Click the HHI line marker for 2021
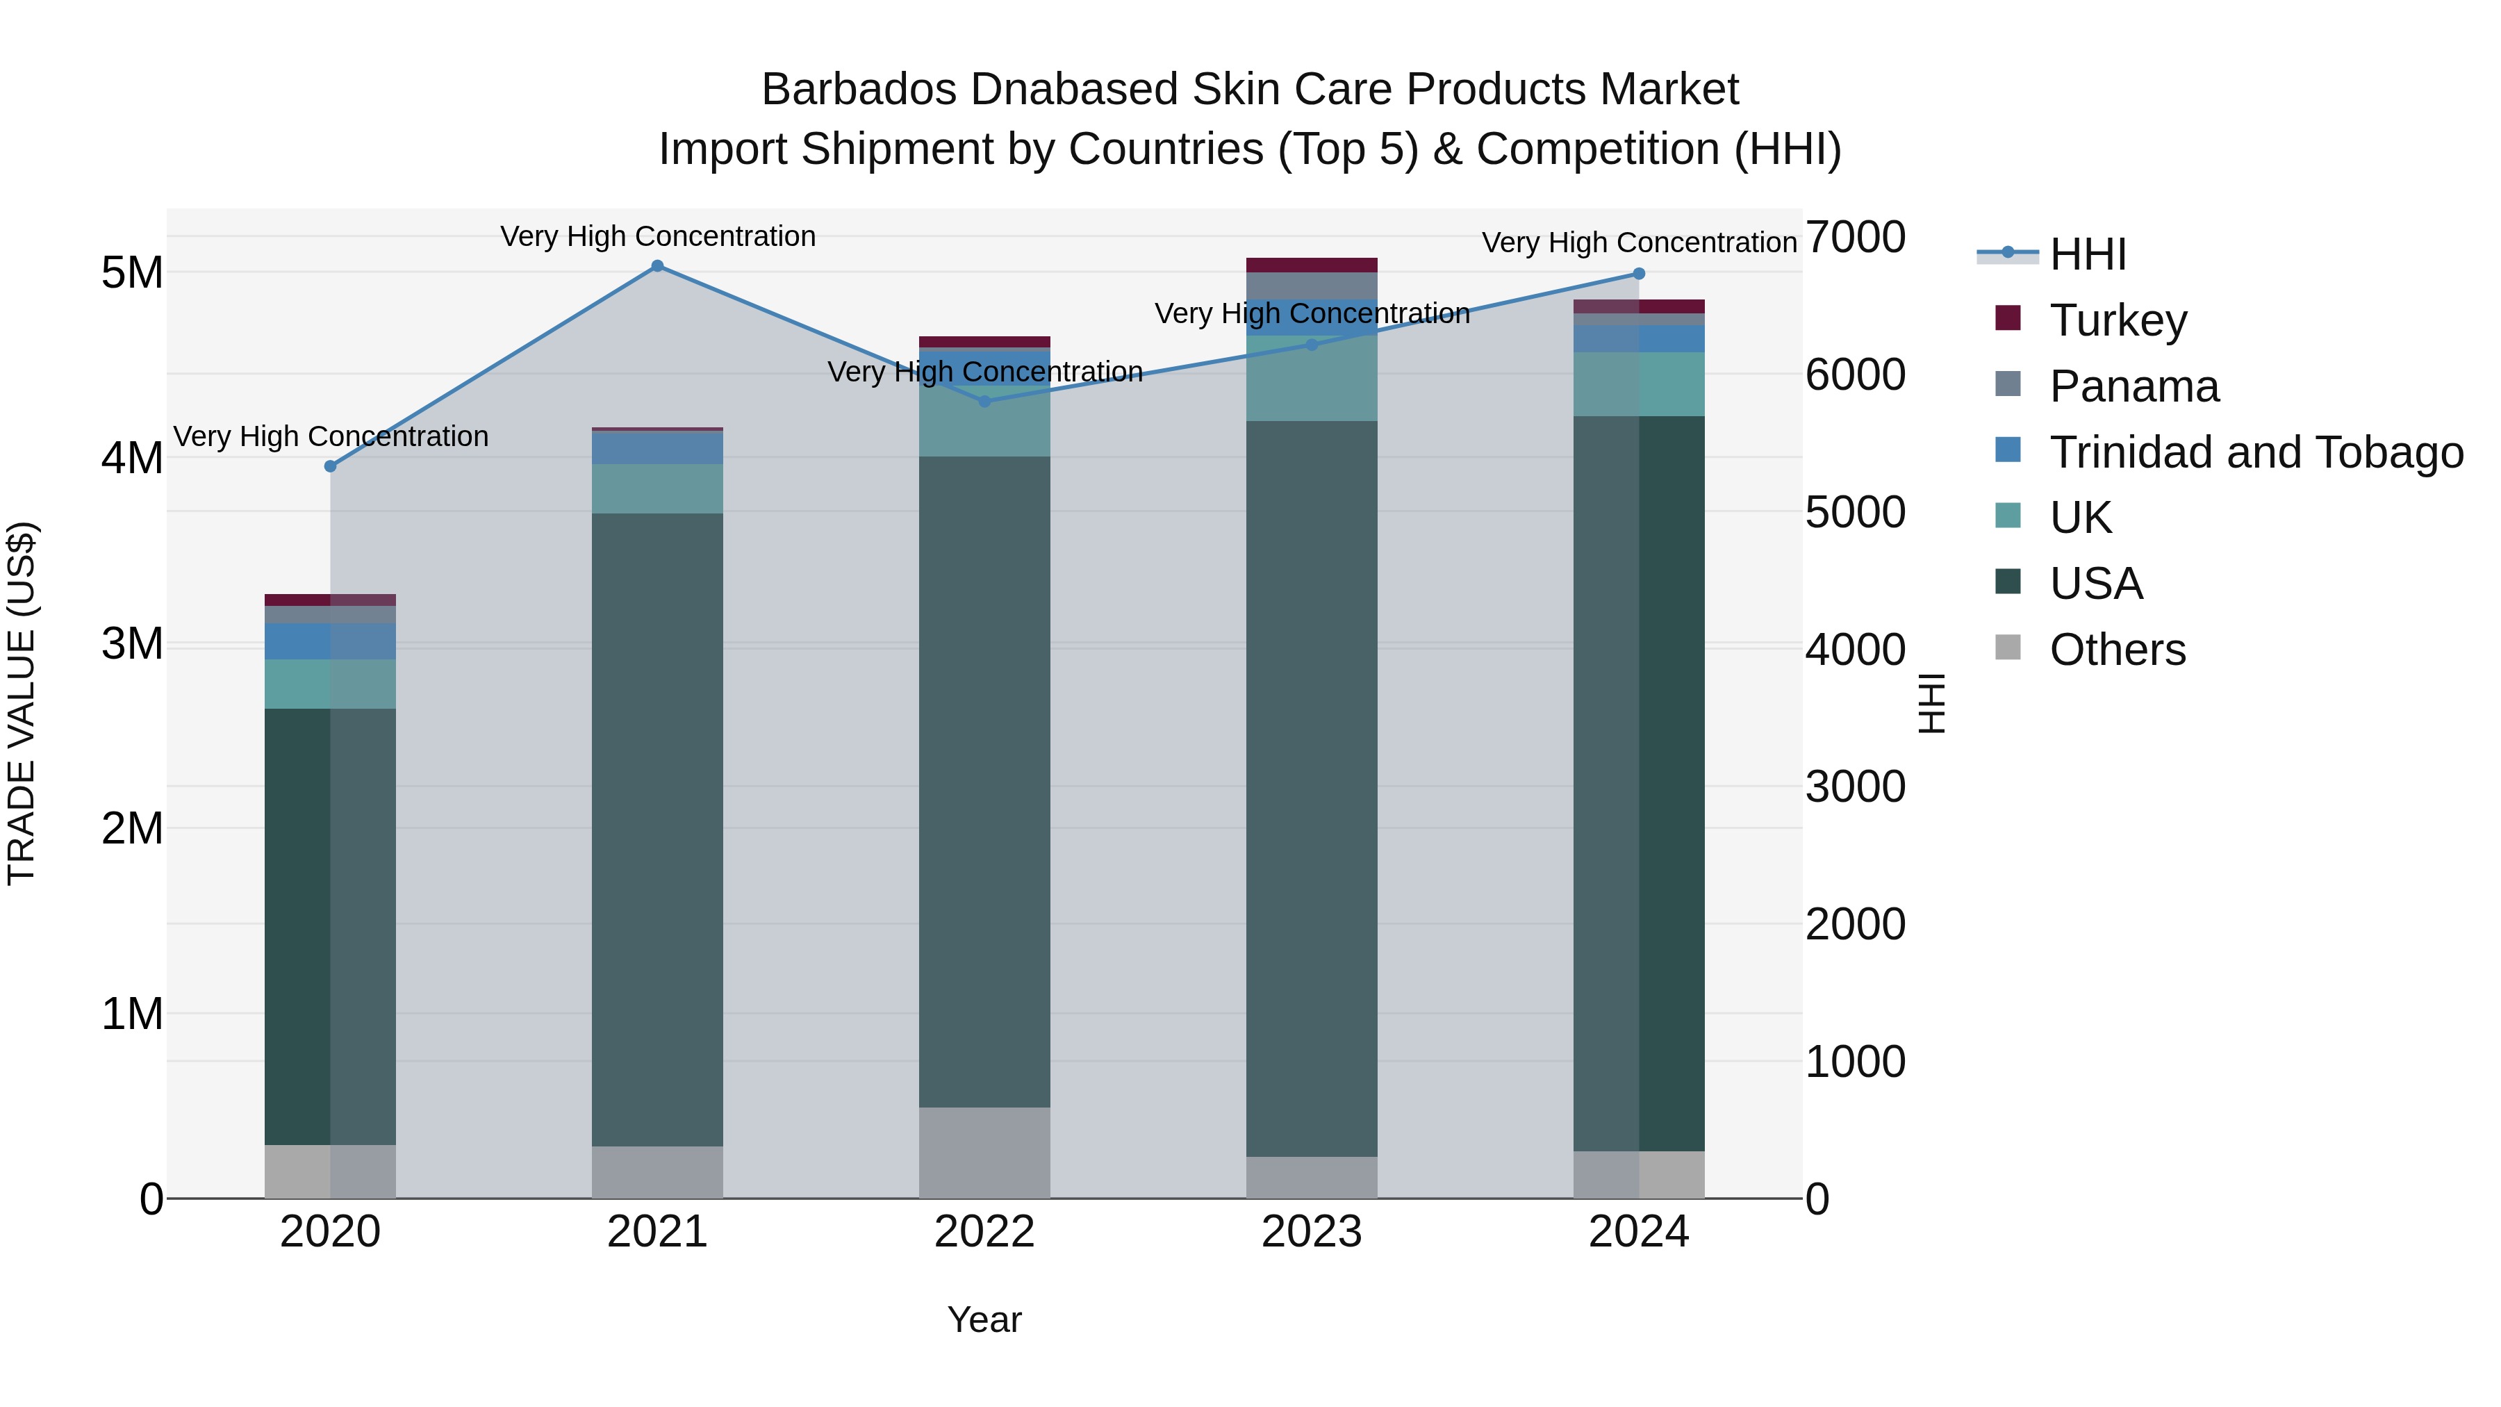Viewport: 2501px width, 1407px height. [657, 266]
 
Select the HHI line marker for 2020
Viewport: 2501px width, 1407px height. [330, 466]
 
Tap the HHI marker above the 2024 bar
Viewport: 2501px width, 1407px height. [1639, 274]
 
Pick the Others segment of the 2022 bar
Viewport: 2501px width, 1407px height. [984, 1153]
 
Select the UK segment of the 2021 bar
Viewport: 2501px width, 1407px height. [657, 488]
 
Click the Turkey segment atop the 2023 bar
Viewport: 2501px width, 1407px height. [1312, 265]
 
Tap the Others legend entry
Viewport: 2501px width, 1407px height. [2117, 650]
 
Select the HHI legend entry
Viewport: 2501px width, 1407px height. [2088, 254]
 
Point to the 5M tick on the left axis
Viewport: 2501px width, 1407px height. [132, 273]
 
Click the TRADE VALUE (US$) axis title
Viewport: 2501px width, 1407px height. [22, 703]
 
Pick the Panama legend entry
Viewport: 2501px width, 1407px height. [2133, 386]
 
